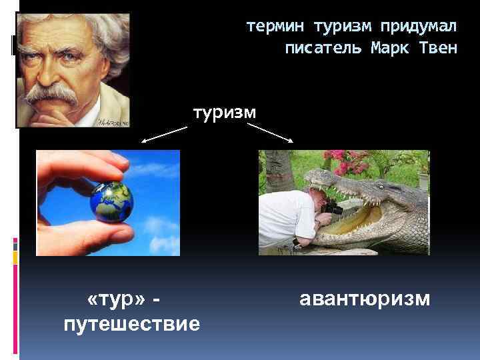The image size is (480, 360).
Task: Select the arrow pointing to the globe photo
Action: [165, 135]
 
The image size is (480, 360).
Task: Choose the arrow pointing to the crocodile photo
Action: [270, 132]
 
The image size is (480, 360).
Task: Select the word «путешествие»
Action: [131, 324]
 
